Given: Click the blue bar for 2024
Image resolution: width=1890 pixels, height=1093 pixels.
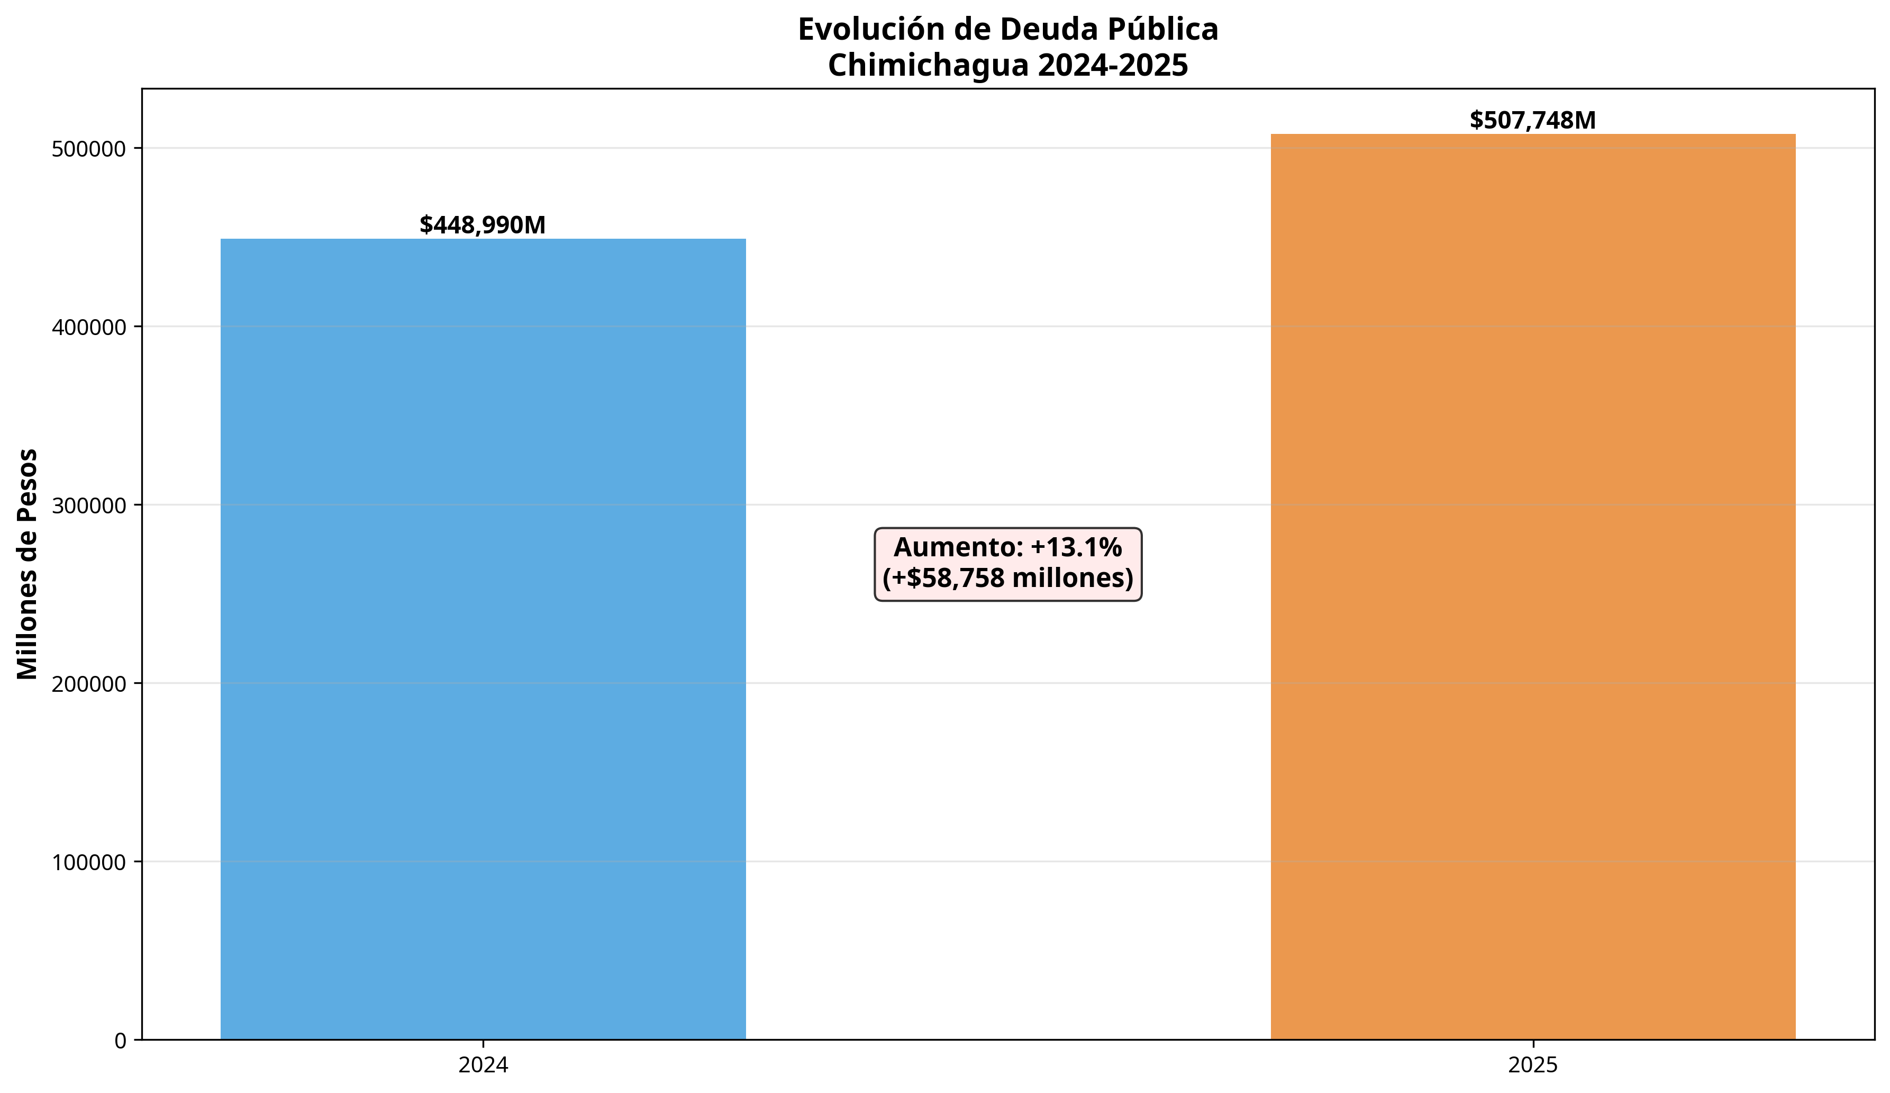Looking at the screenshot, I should pos(483,638).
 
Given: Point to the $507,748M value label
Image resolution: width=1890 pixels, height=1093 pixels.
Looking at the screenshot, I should pos(1532,120).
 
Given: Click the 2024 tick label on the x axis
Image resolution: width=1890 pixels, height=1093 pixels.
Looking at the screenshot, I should pos(483,1065).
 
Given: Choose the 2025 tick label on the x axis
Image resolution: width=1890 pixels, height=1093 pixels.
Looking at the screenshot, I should pos(1532,1065).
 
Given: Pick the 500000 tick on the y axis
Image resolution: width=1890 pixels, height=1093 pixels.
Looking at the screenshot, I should pos(88,149).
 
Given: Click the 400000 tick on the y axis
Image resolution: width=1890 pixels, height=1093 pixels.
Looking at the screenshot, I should pos(88,327).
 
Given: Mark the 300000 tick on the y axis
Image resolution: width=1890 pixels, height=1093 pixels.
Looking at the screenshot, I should pos(88,505).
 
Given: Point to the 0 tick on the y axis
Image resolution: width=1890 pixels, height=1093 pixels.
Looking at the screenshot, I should pos(121,1041).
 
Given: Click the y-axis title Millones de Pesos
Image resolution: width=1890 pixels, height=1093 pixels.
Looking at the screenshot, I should pos(28,564).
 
